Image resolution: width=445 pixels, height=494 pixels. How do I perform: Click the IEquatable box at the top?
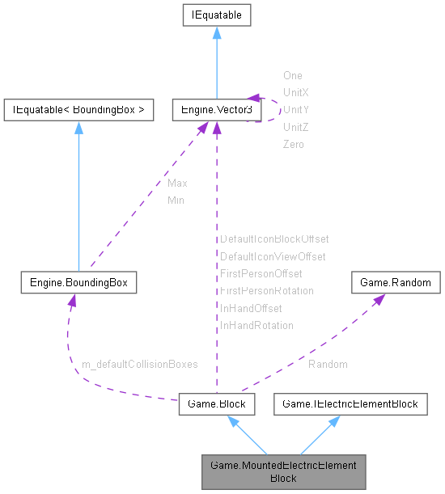216,15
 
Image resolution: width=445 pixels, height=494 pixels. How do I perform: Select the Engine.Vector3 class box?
216,110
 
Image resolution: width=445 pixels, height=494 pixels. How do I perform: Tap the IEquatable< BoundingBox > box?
78,110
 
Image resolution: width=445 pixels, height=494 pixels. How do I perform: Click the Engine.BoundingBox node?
78,282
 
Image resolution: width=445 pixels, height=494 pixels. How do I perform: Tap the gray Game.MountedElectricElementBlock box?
283,470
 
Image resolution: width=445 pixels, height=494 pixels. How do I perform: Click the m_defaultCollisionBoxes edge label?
140,365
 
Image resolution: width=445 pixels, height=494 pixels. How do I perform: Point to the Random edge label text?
328,365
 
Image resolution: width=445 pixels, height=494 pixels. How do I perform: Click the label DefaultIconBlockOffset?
274,239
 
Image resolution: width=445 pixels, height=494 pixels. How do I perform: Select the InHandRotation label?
256,326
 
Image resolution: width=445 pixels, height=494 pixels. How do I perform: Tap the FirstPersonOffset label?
261,274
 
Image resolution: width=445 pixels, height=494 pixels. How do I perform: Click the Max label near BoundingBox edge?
177,184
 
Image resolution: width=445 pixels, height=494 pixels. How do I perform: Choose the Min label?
176,200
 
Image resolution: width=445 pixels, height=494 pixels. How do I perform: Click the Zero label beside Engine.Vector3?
294,144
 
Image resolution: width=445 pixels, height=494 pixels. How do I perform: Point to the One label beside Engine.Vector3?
293,75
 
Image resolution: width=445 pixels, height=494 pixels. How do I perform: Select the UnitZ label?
295,127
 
